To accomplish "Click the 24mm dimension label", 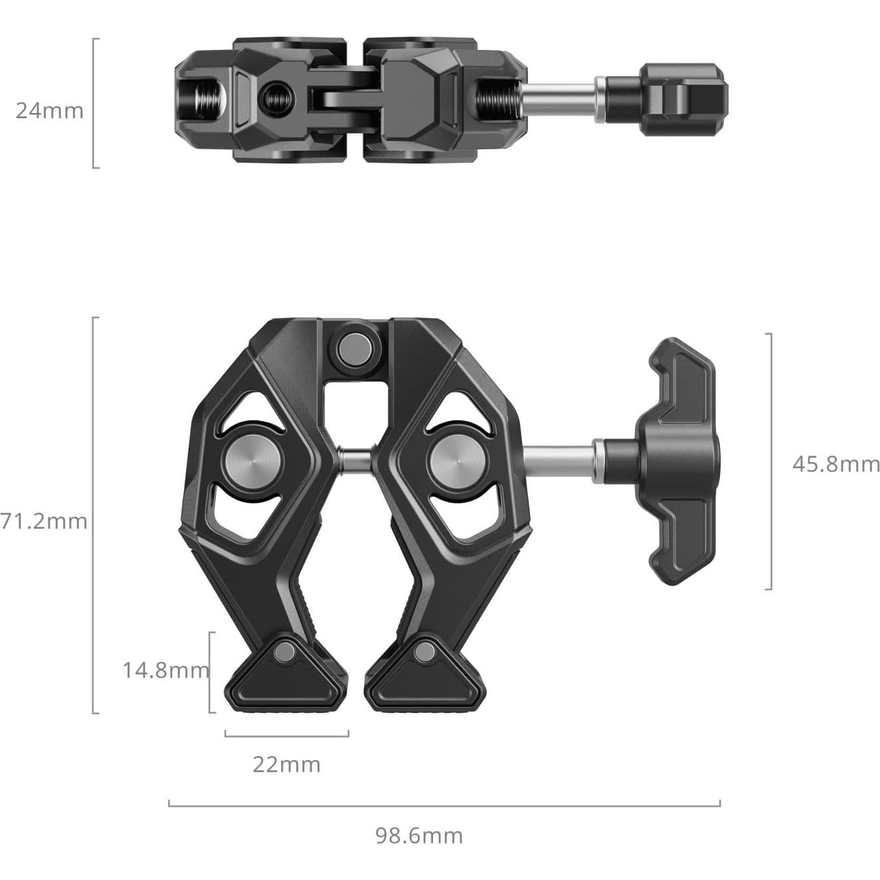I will click(x=50, y=110).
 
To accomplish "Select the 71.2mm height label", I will click(x=44, y=521).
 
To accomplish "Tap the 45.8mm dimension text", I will click(x=836, y=464).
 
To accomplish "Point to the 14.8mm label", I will click(x=165, y=670).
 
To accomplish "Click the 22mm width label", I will click(x=286, y=764).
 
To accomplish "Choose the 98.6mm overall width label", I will click(x=419, y=835).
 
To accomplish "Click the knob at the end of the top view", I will click(x=684, y=100).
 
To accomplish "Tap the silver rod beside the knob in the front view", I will click(x=561, y=460).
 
